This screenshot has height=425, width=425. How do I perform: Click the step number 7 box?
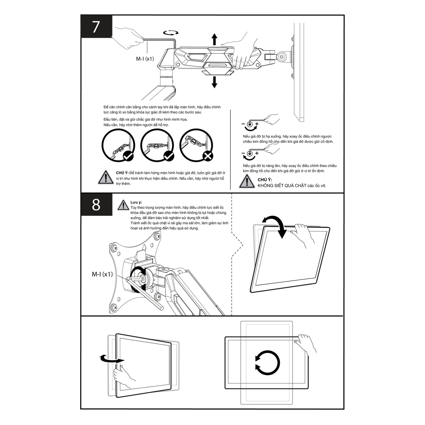coord(96,26)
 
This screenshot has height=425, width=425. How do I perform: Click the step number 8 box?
coord(96,204)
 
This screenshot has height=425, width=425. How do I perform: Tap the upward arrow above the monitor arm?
coord(215,39)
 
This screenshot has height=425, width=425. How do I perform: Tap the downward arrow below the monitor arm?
coord(215,82)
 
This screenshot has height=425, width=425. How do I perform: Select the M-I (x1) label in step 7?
coord(145,59)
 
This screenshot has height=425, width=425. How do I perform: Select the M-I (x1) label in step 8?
coord(102,274)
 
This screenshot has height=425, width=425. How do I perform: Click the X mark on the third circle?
coord(208,156)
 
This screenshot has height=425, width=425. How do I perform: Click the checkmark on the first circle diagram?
coord(128,156)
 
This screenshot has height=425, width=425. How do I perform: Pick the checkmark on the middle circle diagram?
coord(169,156)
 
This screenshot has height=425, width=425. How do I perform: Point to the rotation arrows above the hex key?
coord(171,33)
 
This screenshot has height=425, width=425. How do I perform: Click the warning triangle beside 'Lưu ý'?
coord(123,205)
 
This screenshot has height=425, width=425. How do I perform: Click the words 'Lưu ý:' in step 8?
coord(136,202)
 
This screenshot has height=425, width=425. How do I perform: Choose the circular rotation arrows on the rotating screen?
coord(267,363)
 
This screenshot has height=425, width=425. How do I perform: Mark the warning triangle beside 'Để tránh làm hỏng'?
coord(105,177)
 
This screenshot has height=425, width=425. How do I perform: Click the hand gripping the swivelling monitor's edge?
coord(124,376)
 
